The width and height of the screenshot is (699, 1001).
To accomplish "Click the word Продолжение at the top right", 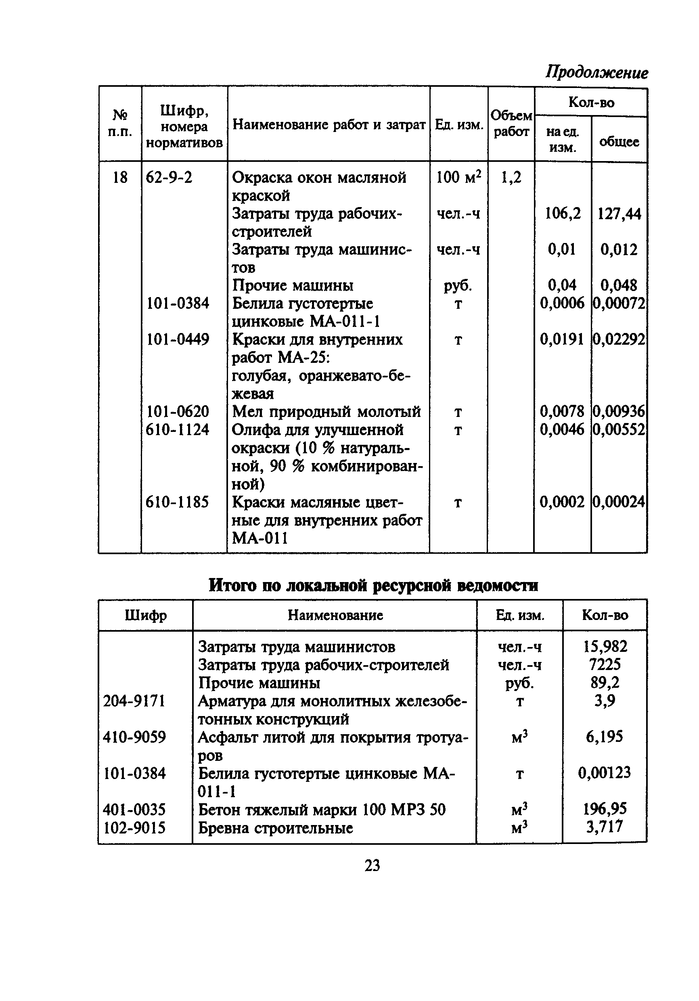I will pyautogui.click(x=596, y=72).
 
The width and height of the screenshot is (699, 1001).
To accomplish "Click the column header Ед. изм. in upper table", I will pyautogui.click(x=459, y=125).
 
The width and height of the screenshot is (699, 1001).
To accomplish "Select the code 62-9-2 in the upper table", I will pyautogui.click(x=169, y=178).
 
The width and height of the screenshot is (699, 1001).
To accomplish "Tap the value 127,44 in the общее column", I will pyautogui.click(x=619, y=214).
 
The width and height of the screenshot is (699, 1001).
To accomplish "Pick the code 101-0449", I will pyautogui.click(x=178, y=339).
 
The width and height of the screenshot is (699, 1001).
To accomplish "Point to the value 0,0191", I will pyautogui.click(x=562, y=339).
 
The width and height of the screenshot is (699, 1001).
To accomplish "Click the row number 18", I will pyautogui.click(x=120, y=178).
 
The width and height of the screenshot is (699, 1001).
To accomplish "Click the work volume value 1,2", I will pyautogui.click(x=511, y=178).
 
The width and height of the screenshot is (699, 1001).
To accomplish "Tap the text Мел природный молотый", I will pyautogui.click(x=326, y=411).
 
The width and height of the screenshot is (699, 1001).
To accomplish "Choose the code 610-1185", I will pyautogui.click(x=178, y=502).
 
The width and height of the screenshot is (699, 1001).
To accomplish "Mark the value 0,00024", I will pyautogui.click(x=618, y=502).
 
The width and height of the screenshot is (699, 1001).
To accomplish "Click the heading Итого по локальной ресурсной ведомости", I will pyautogui.click(x=373, y=584).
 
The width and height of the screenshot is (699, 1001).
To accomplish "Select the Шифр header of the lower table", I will pyautogui.click(x=146, y=615).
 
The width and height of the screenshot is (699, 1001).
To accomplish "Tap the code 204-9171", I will pyautogui.click(x=134, y=701).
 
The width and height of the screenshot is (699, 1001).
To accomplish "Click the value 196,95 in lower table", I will pyautogui.click(x=605, y=809).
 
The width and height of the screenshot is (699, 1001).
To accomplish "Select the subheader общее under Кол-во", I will pyautogui.click(x=619, y=141).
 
